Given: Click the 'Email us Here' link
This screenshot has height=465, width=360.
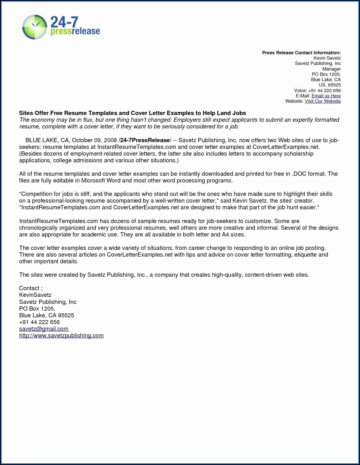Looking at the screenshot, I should pos(326,96).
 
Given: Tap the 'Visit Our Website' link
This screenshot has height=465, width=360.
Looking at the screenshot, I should pos(323,101).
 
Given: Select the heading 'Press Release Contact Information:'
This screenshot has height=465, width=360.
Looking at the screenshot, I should pos(301,53).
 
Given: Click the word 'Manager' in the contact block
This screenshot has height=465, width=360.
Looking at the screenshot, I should pos(331,69).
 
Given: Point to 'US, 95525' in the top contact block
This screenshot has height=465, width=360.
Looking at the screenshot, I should pos(330,85).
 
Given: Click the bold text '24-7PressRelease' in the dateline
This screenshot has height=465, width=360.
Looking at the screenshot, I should pos(145,140).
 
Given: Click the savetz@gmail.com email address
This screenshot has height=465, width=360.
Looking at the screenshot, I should pos(44,329).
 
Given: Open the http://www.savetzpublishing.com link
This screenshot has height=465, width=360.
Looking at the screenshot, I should pos(61,335).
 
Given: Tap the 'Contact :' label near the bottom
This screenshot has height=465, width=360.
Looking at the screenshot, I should pos(31,288).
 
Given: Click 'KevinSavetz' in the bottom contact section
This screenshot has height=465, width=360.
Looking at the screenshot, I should pos(35,295).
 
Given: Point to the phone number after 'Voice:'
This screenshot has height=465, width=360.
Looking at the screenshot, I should pos(324,90).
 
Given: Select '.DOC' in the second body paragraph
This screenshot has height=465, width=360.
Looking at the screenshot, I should pos(299,174).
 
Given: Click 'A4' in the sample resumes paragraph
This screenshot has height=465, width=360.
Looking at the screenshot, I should pos(225,234).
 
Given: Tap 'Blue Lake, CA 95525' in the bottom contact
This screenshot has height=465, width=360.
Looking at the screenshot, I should pos(46,315).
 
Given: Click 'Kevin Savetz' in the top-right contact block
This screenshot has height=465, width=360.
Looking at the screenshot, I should pos(327,58).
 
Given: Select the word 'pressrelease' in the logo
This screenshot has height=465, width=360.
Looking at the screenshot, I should pos(75,31).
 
